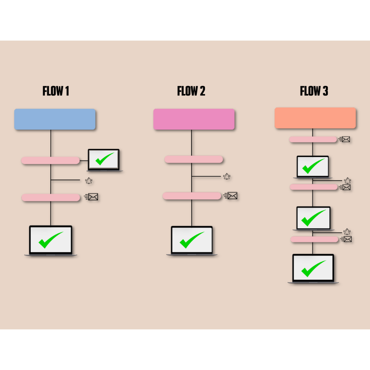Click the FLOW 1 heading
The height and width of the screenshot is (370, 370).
click(x=56, y=91)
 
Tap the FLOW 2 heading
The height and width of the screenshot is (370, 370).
click(x=191, y=91)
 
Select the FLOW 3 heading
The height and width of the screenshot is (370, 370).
click(x=314, y=91)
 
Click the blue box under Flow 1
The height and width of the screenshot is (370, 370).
click(x=55, y=119)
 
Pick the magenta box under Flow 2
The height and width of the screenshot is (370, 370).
click(x=194, y=119)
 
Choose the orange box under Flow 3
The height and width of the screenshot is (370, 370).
click(x=315, y=118)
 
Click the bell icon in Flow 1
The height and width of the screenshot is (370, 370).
click(x=89, y=181)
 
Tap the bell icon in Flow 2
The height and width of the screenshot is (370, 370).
click(x=226, y=176)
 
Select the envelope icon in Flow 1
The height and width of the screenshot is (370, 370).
click(x=92, y=197)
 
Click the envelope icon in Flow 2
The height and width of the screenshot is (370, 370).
click(x=232, y=196)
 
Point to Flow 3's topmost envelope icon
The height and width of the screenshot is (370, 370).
click(x=345, y=139)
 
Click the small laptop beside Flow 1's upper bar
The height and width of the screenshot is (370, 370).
click(x=104, y=160)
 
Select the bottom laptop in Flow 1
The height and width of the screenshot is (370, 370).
click(x=51, y=240)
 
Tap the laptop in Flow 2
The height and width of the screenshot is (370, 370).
click(x=192, y=240)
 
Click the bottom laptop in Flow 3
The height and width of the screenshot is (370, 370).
click(x=313, y=268)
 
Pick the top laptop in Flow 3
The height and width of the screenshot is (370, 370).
click(x=313, y=167)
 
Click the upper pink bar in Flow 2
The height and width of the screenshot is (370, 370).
click(x=194, y=159)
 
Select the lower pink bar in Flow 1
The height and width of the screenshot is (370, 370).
click(x=51, y=198)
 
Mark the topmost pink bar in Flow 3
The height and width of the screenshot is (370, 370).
click(x=313, y=139)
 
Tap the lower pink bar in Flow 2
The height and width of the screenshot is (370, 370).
click(x=192, y=196)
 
